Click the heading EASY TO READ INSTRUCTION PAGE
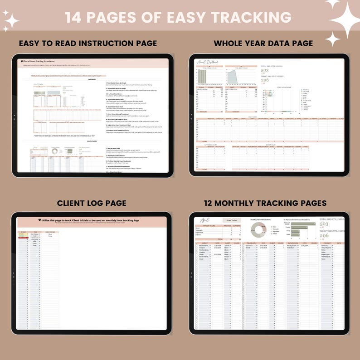pos(88,44)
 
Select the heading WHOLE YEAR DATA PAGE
pos(263,44)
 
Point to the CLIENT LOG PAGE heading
pos(92,203)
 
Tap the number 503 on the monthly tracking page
pos(324,224)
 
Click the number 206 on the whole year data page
pos(265,80)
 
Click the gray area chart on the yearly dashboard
pos(237,77)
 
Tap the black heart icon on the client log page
pos(39,220)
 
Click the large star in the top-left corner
pos(11,20)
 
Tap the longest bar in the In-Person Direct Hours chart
pos(301,224)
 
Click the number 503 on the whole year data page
pos(265,71)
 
